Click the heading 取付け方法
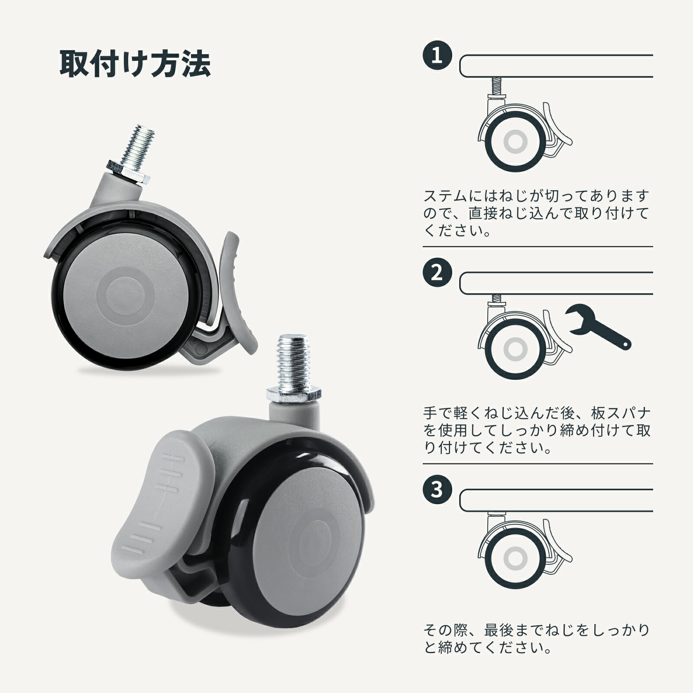(x=135, y=65)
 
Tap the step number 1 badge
(x=437, y=56)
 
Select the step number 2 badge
(x=437, y=273)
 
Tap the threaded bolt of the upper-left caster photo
(x=139, y=144)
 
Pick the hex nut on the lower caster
(x=294, y=394)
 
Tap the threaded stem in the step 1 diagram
(x=496, y=86)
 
